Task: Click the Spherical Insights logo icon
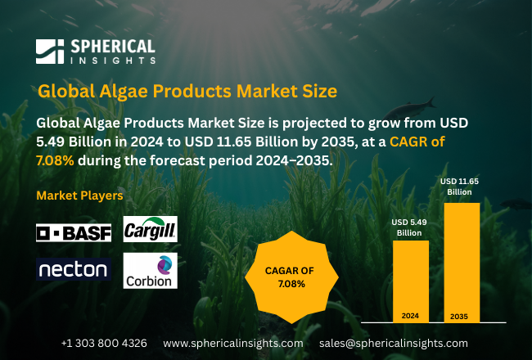tap(49, 52)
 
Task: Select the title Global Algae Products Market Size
tap(187, 89)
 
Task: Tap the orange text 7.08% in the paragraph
tap(56, 161)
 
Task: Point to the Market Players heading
tap(80, 196)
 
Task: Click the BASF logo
tap(74, 232)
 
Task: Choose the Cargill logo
tap(150, 229)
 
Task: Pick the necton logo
tap(73, 269)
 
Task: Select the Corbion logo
tap(150, 271)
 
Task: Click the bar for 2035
tap(461, 262)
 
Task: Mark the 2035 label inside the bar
tap(461, 315)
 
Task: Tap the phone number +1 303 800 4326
tap(104, 342)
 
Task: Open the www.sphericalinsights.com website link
tap(232, 342)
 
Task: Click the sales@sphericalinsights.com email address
tap(394, 342)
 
